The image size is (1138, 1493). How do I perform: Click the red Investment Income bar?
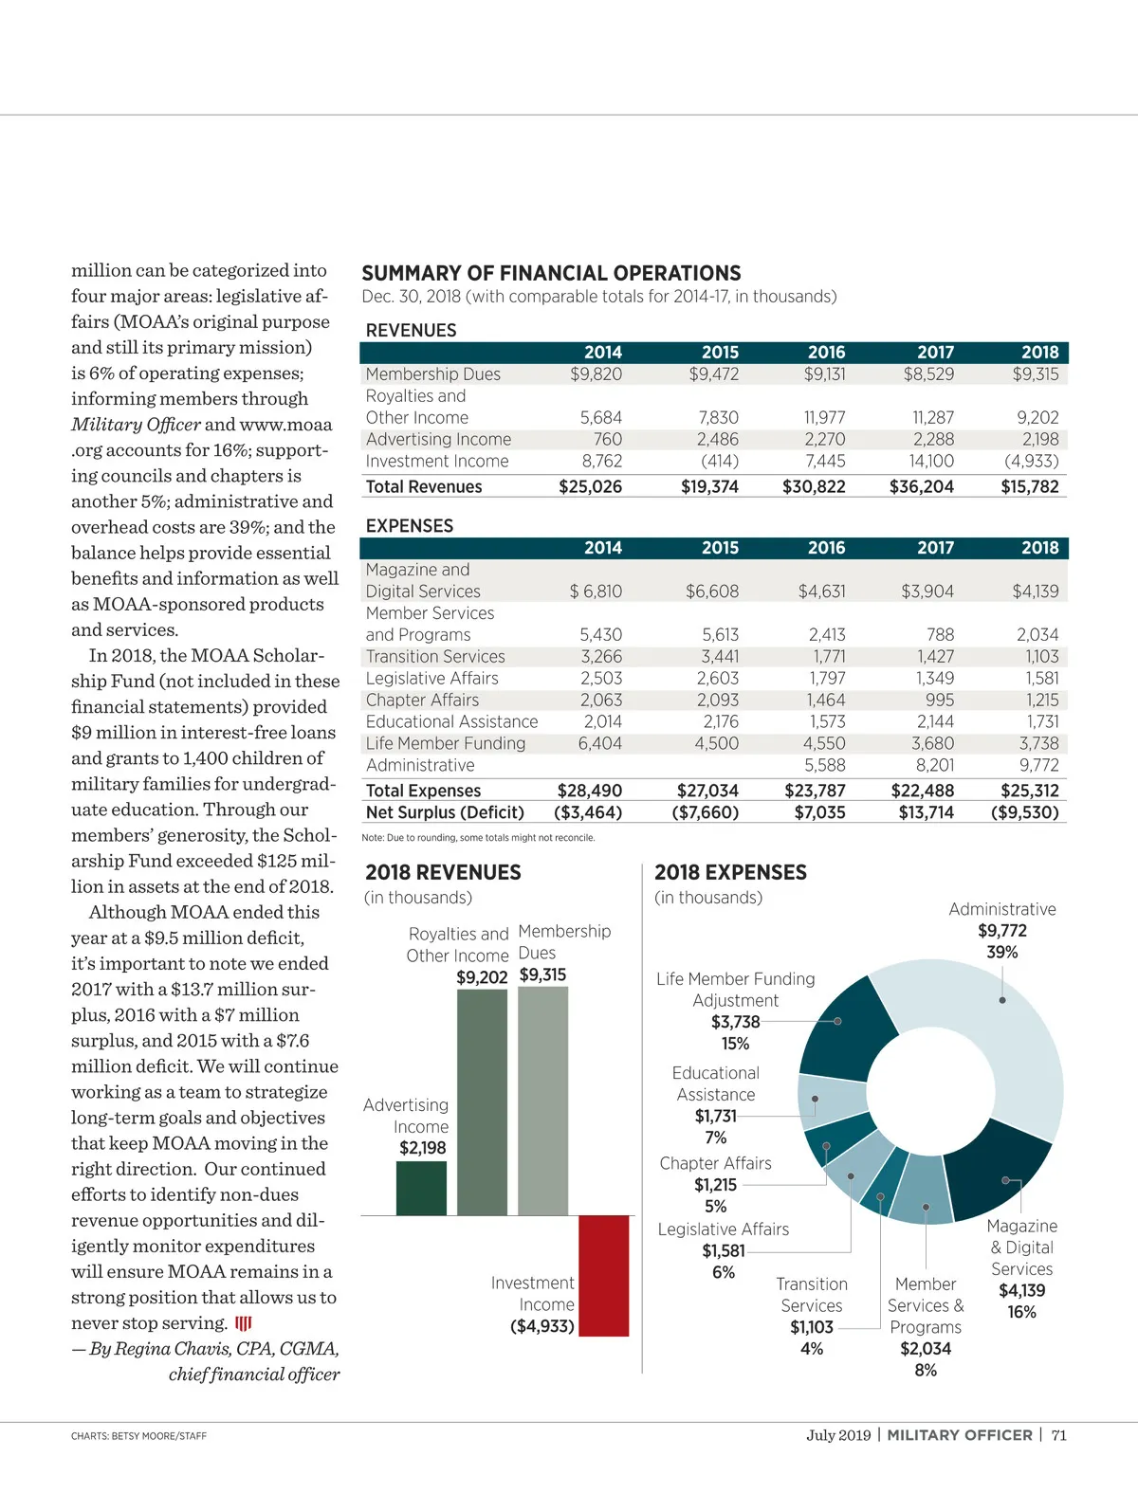point(603,1275)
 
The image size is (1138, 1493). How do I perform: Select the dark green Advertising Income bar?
point(421,1188)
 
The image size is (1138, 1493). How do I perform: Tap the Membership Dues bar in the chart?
point(543,1100)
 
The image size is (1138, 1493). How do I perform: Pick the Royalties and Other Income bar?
point(482,1102)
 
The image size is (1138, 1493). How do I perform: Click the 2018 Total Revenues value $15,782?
point(1030,486)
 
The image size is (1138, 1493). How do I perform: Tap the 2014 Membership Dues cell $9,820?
point(596,374)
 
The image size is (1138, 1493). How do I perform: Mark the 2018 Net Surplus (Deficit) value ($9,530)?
point(1024,812)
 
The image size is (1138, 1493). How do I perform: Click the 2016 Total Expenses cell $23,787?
point(815,791)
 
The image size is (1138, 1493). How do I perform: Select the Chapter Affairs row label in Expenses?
point(422,700)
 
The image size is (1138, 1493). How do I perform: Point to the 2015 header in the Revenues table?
point(720,352)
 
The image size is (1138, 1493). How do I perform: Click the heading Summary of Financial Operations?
point(551,273)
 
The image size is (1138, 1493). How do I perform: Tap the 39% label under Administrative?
point(1001,952)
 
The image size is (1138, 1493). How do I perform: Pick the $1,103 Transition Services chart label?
point(812,1327)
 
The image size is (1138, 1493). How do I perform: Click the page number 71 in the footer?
point(1058,1434)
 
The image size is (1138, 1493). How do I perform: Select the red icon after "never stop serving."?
point(244,1323)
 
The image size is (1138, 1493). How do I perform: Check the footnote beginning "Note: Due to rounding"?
point(478,838)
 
